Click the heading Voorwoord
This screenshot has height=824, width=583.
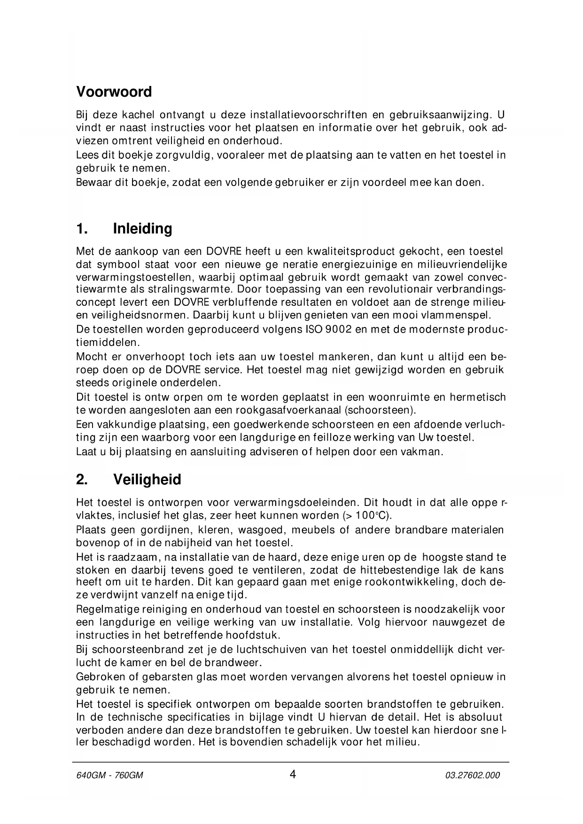114,92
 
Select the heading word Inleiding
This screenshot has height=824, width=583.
142,229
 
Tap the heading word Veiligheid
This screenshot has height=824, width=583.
147,480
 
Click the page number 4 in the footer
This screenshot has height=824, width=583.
293,774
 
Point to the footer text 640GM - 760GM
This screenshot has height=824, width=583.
109,776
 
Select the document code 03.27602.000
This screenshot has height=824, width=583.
472,776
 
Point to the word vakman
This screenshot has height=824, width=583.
424,452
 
